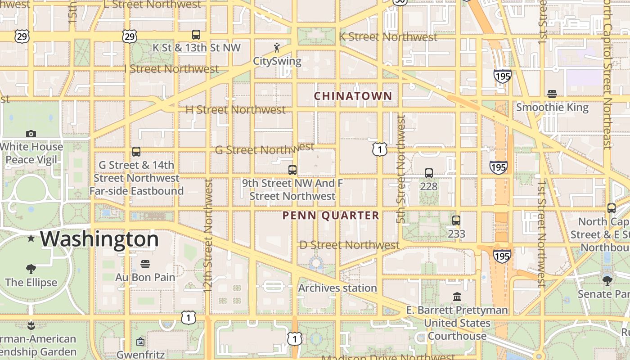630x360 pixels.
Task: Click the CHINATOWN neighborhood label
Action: coord(353,96)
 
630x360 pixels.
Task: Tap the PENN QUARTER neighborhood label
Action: coord(331,216)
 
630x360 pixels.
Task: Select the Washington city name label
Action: coord(99,239)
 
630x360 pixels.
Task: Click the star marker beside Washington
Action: coord(31,238)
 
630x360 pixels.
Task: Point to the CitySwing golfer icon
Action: coord(277,48)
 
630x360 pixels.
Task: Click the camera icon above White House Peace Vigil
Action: coord(31,134)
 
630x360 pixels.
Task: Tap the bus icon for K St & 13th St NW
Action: coord(196,35)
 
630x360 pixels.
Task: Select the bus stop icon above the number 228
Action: coord(428,173)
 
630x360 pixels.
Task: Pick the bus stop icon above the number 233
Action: coord(456,220)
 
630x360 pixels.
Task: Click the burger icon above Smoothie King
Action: coord(552,94)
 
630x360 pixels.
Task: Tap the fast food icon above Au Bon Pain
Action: coord(145,264)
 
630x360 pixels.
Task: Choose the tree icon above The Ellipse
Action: coord(31,270)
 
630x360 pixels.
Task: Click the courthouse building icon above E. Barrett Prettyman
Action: coord(457,297)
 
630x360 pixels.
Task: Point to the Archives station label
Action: coord(337,288)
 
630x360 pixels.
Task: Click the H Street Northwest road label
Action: coord(235,109)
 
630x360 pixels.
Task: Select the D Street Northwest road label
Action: coord(349,245)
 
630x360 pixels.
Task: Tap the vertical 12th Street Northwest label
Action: coord(208,235)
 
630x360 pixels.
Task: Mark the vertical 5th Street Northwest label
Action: coord(401,169)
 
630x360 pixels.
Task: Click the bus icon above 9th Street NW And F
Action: coord(292,170)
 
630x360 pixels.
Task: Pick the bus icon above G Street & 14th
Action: coord(136,152)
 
